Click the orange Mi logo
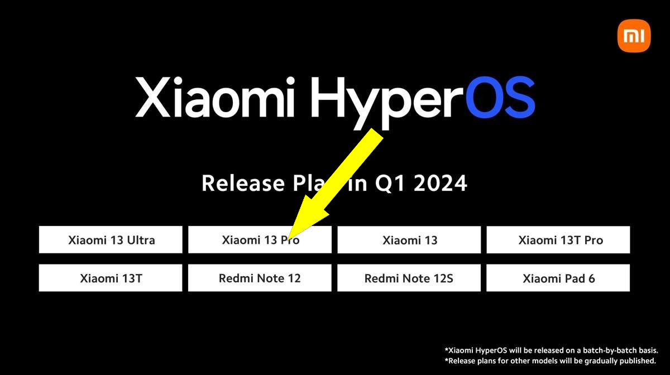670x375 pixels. (634, 36)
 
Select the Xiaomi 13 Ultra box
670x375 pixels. (111, 240)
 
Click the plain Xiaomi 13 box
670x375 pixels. (409, 240)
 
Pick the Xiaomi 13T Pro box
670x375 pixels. (558, 240)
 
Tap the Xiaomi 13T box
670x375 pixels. (111, 278)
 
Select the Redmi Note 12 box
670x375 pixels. (260, 278)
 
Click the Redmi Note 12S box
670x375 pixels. (409, 278)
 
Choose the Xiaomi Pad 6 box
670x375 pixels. (558, 278)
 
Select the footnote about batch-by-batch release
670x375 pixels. (552, 350)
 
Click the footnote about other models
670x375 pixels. (552, 360)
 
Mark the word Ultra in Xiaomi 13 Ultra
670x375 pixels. (140, 241)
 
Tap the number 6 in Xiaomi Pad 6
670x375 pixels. (591, 278)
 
